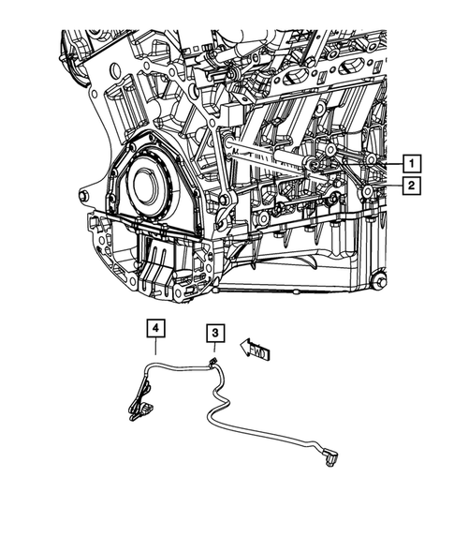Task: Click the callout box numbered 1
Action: pos(412,160)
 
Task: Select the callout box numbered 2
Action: pos(412,186)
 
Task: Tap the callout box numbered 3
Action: pos(214,333)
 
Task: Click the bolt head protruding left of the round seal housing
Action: pos(82,196)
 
